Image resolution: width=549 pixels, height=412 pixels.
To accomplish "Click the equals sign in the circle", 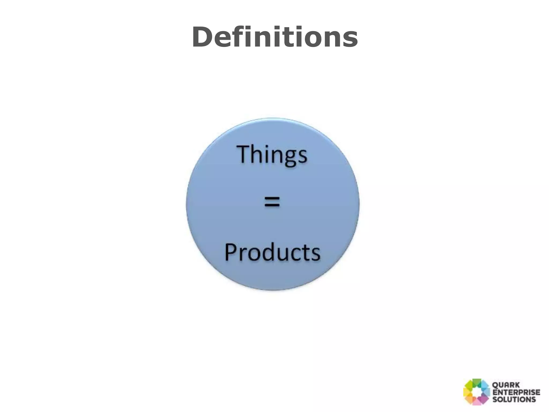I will tap(272, 202).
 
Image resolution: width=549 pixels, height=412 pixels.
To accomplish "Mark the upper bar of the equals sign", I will tap(272, 198).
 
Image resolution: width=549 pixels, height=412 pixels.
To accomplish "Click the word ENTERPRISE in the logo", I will tap(516, 392).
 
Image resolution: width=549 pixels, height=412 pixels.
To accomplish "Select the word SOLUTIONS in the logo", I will tap(514, 399).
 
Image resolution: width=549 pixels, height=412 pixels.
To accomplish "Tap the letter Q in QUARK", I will tap(495, 385).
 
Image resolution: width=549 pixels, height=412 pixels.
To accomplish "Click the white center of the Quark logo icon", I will tap(477, 392).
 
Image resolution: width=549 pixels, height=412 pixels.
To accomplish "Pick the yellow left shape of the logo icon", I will tap(467, 392).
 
